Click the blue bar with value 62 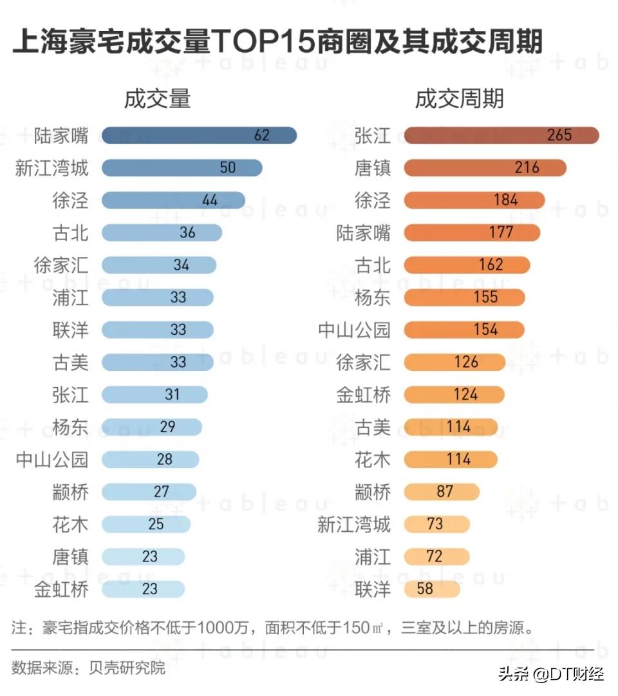(x=199, y=135)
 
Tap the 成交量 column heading (x=158, y=99)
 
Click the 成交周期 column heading (x=459, y=99)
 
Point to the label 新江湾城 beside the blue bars (x=51, y=168)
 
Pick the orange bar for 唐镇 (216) (x=485, y=168)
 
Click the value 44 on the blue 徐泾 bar (x=210, y=200)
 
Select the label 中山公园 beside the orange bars (x=354, y=330)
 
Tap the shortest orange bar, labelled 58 (x=431, y=589)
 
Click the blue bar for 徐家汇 (x=159, y=265)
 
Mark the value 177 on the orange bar (x=501, y=232)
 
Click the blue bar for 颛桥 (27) (x=149, y=492)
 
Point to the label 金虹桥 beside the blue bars (x=61, y=589)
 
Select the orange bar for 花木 (x=451, y=460)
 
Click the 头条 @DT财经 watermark (x=550, y=674)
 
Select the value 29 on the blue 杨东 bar (x=167, y=427)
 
